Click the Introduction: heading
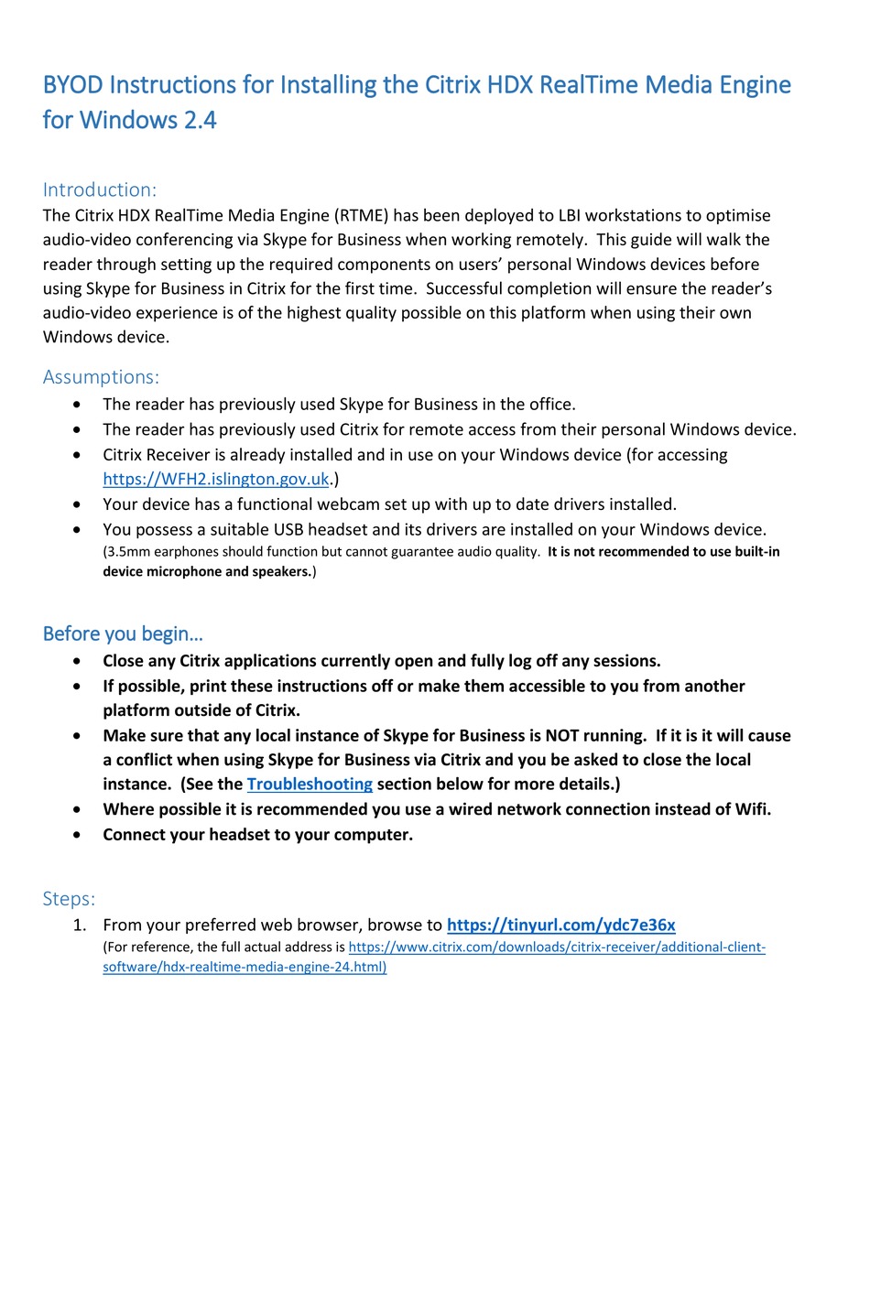click(99, 189)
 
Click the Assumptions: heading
click(101, 377)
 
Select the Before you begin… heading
click(123, 633)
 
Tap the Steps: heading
click(69, 899)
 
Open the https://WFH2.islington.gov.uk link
click(216, 479)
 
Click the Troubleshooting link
click(310, 785)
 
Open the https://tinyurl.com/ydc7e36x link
click(560, 925)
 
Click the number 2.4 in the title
click(201, 120)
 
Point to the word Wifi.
click(752, 809)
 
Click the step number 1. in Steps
click(80, 926)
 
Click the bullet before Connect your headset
click(77, 835)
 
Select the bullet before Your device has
click(77, 504)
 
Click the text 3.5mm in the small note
click(128, 552)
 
